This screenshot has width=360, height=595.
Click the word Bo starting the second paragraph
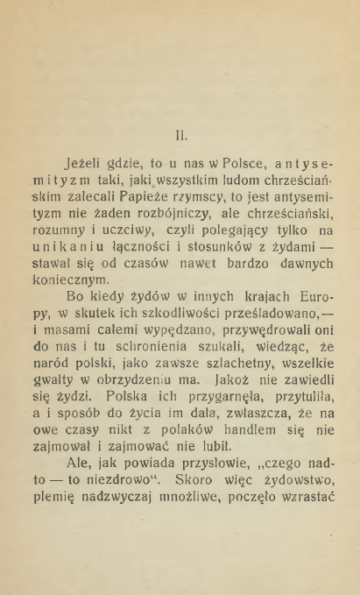point(51,308)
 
